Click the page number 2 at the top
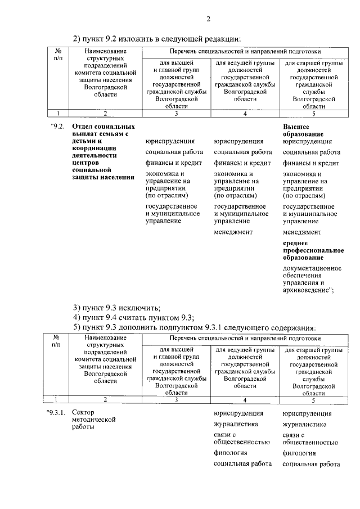click(x=208, y=21)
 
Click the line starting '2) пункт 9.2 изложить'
click(x=157, y=39)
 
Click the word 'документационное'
click(x=312, y=268)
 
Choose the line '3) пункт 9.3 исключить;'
click(x=118, y=307)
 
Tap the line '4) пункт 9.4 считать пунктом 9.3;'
click(x=133, y=317)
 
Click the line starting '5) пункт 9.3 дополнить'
click(x=194, y=327)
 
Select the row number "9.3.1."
click(x=57, y=413)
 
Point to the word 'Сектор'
click(x=84, y=413)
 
